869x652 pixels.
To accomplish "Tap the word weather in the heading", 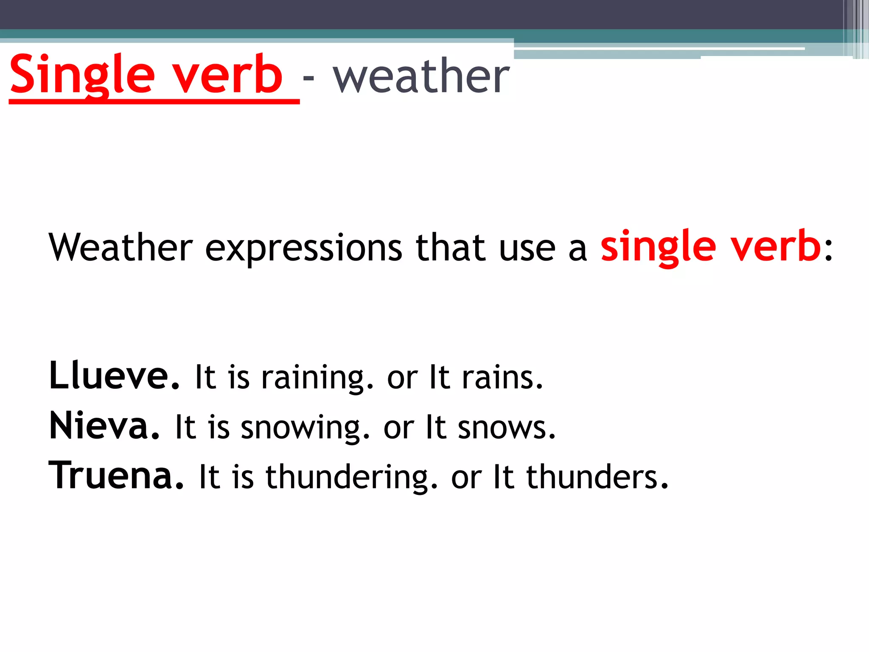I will pyautogui.click(x=421, y=76).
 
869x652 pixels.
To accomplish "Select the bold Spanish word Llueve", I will pyautogui.click(x=114, y=376).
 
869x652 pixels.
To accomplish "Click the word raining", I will pyautogui.click(x=317, y=378).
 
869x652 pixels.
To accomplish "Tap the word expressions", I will pyautogui.click(x=303, y=248).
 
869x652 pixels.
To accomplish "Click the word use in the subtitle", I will pyautogui.click(x=527, y=249).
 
